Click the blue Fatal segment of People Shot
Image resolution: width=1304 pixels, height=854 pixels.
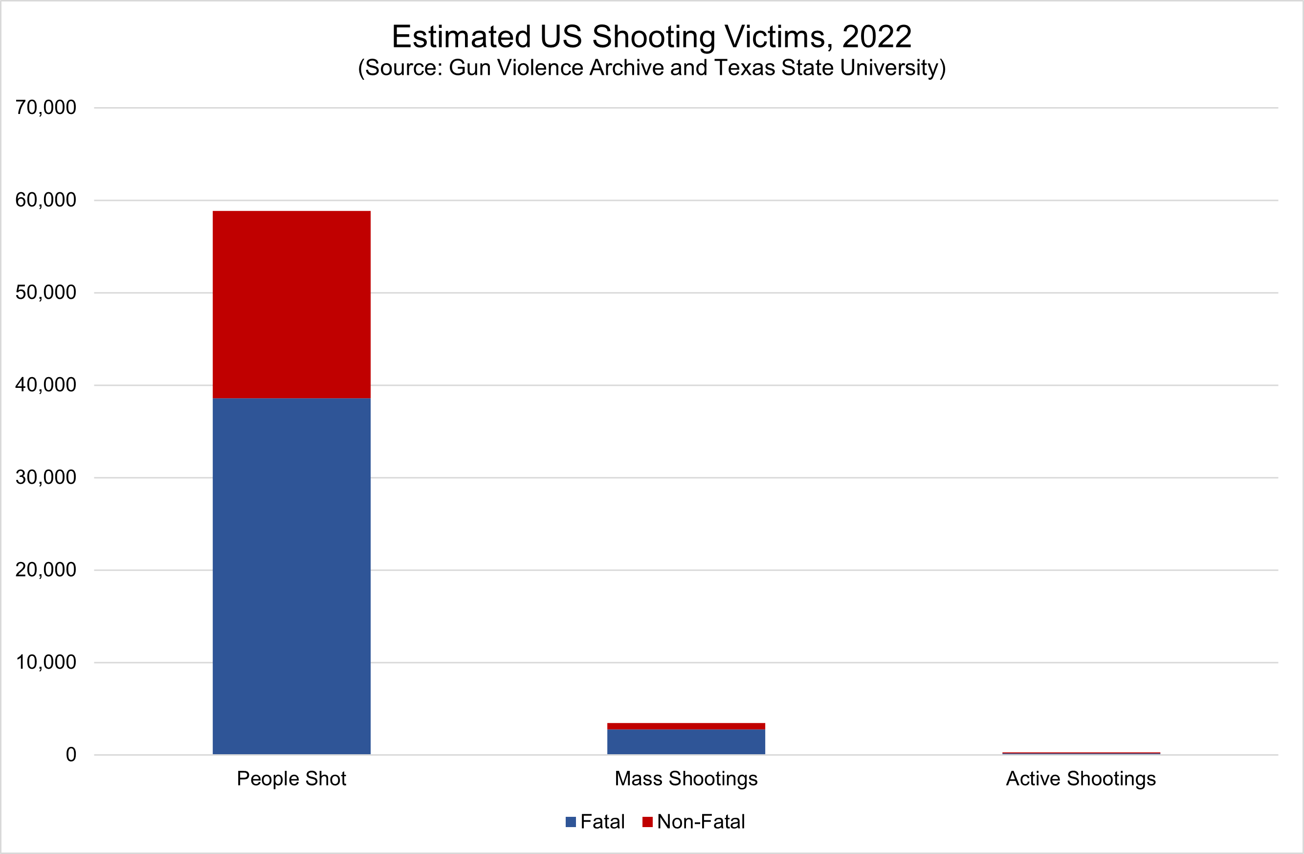(291, 576)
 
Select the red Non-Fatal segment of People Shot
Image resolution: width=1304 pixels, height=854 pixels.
(291, 304)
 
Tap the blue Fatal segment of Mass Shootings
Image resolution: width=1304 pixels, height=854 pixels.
(686, 742)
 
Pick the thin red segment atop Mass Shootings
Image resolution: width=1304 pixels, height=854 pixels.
(686, 726)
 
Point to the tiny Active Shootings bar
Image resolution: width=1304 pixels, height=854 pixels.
(1081, 753)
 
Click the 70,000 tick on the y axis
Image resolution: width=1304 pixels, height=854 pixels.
(46, 108)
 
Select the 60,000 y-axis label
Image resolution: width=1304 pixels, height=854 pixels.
(46, 200)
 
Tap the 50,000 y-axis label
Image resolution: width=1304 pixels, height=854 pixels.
(46, 292)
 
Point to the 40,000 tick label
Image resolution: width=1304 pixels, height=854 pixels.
(46, 385)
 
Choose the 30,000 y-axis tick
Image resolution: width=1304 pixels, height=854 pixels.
(46, 477)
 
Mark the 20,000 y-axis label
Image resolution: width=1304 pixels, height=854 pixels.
(46, 570)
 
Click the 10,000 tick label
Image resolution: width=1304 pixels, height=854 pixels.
(46, 662)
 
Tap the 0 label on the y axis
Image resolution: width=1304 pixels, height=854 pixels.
(71, 755)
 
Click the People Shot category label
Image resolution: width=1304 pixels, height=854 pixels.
(291, 778)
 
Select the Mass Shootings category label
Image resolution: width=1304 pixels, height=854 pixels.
(686, 778)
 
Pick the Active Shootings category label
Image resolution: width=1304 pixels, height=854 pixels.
(1081, 778)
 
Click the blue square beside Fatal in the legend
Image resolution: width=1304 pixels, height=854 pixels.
(571, 822)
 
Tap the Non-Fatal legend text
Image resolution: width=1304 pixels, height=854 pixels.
(701, 822)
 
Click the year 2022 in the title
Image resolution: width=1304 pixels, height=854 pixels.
(877, 37)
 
